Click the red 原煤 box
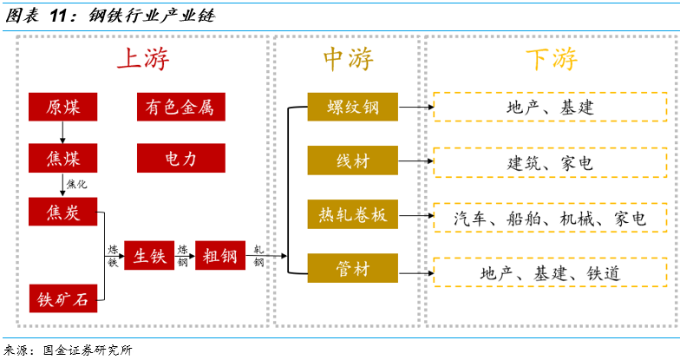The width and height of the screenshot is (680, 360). (62, 107)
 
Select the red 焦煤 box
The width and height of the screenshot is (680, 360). (62, 158)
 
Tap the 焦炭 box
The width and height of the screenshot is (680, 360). (62, 213)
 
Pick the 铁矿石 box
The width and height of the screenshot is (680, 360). (62, 298)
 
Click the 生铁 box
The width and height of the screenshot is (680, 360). (149, 255)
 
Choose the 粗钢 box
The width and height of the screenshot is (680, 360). (220, 255)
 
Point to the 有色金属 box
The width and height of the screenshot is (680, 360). (180, 107)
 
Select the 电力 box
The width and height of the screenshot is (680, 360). (180, 158)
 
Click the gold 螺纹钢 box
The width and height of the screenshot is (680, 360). (352, 107)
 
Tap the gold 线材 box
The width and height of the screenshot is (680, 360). (352, 161)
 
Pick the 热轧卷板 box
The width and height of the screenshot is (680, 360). (352, 215)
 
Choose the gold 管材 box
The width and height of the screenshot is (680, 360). (352, 269)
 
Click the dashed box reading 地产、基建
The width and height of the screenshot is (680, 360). (551, 107)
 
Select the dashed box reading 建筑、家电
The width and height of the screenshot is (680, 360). (551, 162)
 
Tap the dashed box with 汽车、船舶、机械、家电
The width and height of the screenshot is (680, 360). (551, 218)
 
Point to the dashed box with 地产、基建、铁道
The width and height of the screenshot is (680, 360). (551, 272)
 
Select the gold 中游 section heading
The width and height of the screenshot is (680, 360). (348, 59)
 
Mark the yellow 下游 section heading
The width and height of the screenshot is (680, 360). (551, 59)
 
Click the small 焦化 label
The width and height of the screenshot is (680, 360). (76, 184)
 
